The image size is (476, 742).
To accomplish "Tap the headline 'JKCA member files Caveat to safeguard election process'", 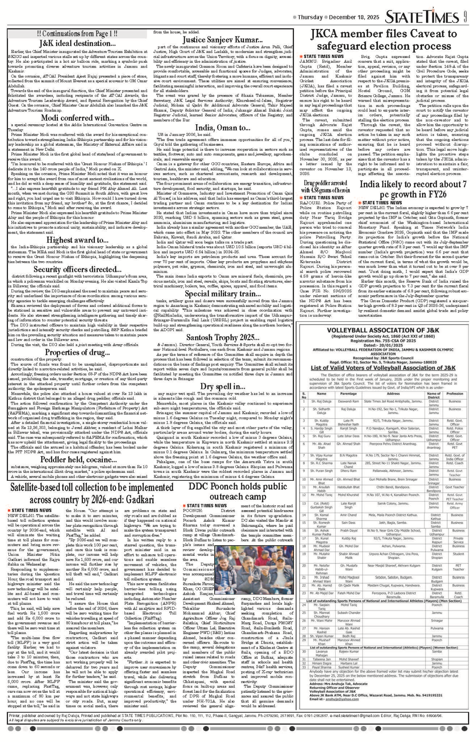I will point(383,40).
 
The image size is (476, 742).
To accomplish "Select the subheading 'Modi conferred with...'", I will point(77,118).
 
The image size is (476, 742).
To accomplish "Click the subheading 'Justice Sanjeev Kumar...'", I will point(222,40).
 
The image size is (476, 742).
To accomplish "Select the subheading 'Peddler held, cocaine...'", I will point(77,460).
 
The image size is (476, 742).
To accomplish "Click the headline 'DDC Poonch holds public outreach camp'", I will point(238,491).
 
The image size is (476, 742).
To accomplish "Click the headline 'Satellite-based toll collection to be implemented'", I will point(92,493).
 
